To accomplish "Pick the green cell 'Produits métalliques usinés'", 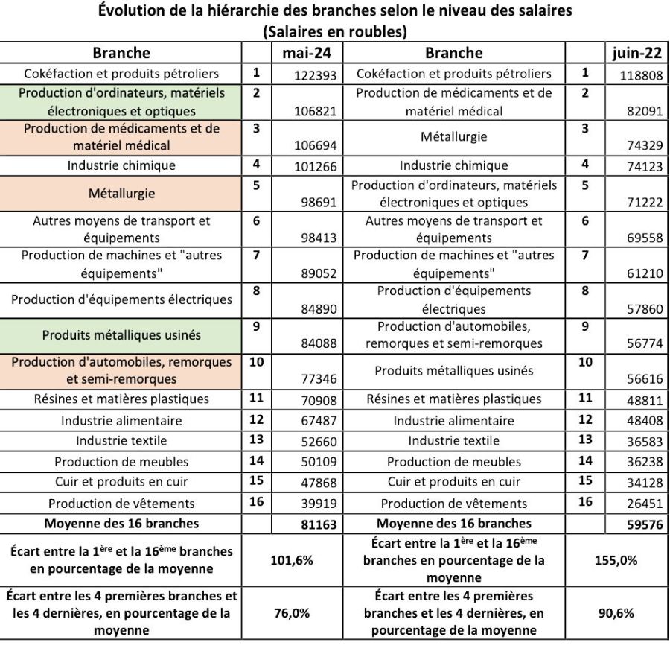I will [121, 335].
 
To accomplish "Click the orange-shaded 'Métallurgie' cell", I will [121, 194].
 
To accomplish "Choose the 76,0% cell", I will [290, 613].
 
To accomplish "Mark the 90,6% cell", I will [615, 613].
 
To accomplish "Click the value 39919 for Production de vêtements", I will [319, 504].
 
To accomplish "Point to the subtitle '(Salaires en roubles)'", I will [334, 33].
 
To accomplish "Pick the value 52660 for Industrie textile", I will [319, 442].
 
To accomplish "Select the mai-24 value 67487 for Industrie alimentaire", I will [319, 421].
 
